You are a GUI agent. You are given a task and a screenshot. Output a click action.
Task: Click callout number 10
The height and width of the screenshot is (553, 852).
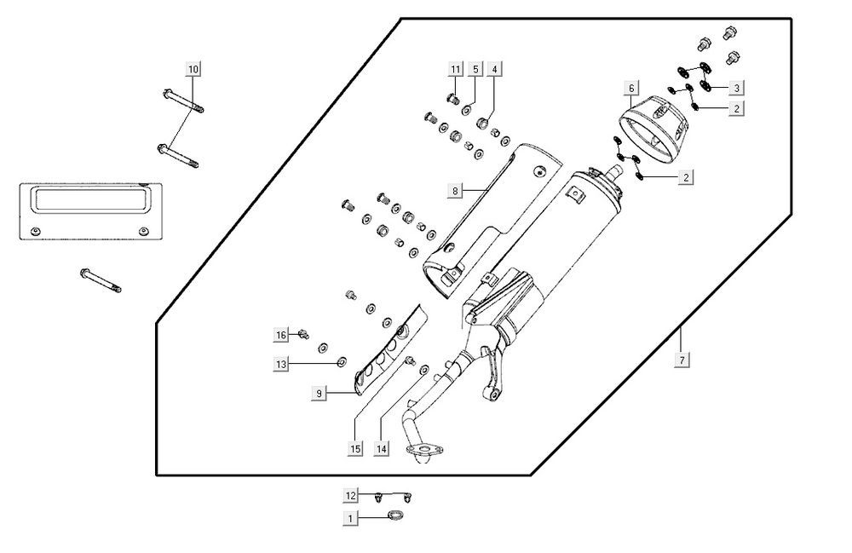(193, 67)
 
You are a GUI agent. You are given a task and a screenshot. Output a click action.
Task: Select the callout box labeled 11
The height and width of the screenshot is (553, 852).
(456, 68)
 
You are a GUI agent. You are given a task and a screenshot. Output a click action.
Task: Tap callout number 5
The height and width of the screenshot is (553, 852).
(475, 68)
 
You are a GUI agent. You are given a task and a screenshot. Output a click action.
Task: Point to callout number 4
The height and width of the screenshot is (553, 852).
(495, 68)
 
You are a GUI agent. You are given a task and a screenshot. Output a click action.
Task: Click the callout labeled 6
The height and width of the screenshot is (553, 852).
(631, 88)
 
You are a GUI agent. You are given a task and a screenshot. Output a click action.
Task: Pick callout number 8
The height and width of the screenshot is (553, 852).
(456, 192)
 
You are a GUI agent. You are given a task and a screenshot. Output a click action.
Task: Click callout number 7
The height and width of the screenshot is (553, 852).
(682, 360)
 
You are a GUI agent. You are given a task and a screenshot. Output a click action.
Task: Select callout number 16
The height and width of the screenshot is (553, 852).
(280, 333)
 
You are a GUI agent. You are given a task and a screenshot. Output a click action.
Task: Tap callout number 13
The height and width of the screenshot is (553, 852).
(280, 364)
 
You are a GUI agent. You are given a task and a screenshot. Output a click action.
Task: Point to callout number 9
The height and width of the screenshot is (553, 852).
(319, 393)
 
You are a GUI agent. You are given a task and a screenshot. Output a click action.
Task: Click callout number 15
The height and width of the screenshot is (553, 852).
(354, 447)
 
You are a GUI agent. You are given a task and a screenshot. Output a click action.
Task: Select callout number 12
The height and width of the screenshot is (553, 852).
(350, 495)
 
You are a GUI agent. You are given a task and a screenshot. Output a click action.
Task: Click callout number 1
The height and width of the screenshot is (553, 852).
(350, 517)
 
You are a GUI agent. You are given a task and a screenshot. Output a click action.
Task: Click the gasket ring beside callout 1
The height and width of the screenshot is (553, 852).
(395, 515)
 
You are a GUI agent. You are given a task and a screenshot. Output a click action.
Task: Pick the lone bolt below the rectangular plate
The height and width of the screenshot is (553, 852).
(100, 279)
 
